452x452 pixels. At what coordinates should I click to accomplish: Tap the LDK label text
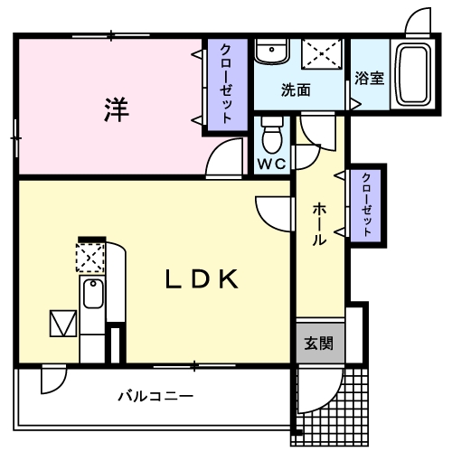pyautogui.click(x=201, y=279)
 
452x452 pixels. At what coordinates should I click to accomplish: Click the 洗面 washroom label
pyautogui.click(x=295, y=90)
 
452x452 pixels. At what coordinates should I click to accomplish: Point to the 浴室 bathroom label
pyautogui.click(x=369, y=78)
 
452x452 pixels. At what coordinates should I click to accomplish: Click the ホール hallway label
pyautogui.click(x=319, y=225)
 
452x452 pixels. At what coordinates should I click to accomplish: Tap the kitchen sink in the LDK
pyautogui.click(x=92, y=294)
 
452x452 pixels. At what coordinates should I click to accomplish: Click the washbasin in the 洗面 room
pyautogui.click(x=268, y=52)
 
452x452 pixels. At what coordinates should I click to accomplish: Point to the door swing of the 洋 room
pyautogui.click(x=222, y=162)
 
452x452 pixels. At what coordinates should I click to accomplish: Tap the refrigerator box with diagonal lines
pyautogui.click(x=64, y=324)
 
